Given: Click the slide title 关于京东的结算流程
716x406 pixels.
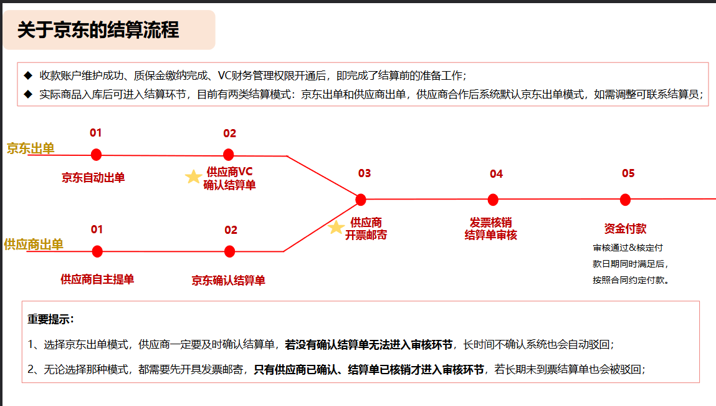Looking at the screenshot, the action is tap(98, 30).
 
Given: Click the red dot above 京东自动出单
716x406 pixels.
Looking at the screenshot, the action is tap(96, 155).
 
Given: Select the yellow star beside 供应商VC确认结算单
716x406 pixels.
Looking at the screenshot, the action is tap(193, 176).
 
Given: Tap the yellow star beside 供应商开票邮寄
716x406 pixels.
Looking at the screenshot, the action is tap(336, 227).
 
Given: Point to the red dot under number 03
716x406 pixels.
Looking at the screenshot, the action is tap(361, 200).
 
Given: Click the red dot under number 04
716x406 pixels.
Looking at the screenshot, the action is tap(493, 200).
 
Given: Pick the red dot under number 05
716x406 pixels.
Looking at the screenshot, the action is tap(625, 200).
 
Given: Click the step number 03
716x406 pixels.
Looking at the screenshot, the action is tap(365, 173).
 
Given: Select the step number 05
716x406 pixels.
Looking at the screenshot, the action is tap(628, 173).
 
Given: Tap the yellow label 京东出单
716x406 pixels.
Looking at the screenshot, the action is tap(31, 148).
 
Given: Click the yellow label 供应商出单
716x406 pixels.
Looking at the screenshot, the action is tap(33, 244).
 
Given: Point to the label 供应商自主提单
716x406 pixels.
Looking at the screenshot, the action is tap(97, 279).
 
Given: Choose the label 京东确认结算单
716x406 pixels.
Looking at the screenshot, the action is tap(228, 280).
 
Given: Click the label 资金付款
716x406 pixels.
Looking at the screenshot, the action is tap(625, 229).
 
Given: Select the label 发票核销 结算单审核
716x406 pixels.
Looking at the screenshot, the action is tap(491, 229).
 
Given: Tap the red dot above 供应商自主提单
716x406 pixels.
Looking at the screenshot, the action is tap(97, 251).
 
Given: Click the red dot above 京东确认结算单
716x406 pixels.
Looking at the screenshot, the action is tap(230, 251).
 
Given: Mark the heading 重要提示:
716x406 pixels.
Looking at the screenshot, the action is tap(50, 319).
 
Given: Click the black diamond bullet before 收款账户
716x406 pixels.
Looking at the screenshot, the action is tap(28, 75).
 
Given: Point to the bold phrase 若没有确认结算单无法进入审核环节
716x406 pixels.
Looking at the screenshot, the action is tap(368, 345).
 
